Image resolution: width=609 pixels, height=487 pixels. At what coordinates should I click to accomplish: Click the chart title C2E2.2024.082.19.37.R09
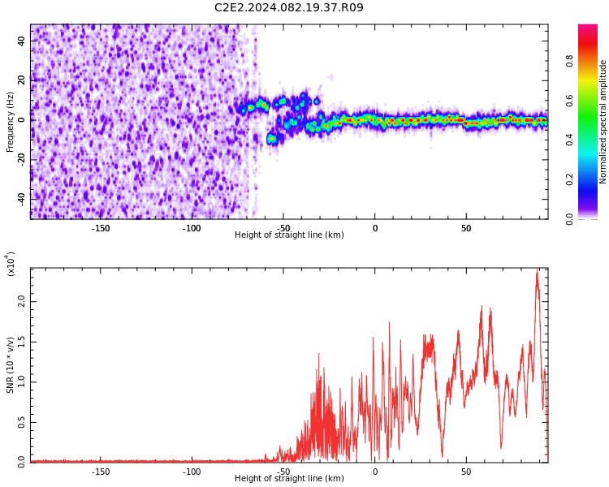click(289, 7)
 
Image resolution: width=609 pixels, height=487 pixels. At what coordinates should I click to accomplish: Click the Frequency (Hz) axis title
click(10, 122)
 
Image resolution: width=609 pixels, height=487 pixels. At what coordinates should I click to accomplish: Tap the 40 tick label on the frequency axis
click(21, 41)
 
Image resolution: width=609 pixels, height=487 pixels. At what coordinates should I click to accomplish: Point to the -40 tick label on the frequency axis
click(21, 200)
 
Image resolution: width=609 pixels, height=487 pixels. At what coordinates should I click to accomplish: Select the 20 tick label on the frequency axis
click(21, 80)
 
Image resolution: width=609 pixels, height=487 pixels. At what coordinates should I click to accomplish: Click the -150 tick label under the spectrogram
click(101, 228)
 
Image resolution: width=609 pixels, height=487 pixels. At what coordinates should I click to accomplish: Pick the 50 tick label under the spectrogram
click(466, 228)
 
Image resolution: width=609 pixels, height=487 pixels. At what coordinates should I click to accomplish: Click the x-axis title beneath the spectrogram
click(289, 235)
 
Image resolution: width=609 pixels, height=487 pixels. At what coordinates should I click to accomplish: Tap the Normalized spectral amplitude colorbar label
click(603, 122)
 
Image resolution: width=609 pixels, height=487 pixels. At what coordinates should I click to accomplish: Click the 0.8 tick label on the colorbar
click(569, 61)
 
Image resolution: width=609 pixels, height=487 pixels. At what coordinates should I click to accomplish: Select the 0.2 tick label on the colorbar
click(569, 179)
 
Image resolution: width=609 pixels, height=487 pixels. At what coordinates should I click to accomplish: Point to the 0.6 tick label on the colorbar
click(569, 101)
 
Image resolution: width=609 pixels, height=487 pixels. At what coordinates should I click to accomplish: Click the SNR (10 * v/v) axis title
click(10, 365)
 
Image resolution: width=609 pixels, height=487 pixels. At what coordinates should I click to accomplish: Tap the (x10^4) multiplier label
click(11, 264)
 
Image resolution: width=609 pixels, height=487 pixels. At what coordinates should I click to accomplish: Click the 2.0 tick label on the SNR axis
click(21, 302)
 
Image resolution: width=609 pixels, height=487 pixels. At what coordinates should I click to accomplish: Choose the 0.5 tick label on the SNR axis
click(21, 422)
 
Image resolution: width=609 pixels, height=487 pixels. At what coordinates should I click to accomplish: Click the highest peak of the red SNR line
click(538, 269)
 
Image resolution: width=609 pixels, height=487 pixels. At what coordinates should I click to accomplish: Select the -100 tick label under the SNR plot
click(192, 472)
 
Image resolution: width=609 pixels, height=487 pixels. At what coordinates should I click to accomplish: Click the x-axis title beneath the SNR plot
click(289, 478)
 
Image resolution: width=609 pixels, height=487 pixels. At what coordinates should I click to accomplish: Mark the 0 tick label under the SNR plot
click(375, 472)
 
